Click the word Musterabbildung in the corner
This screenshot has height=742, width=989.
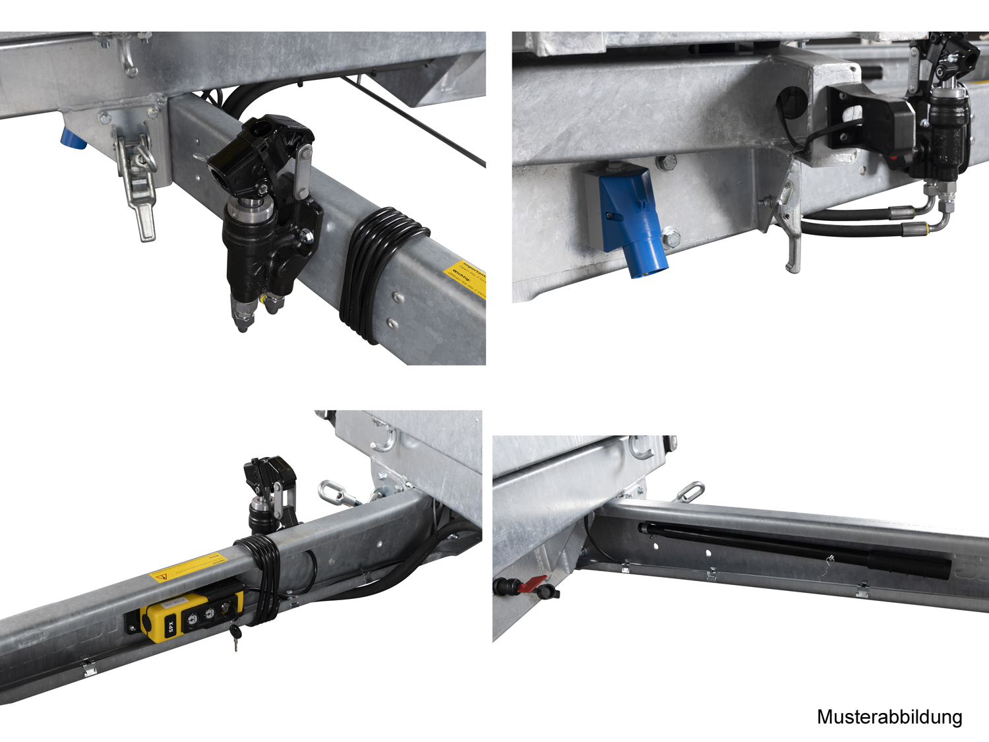coord(889,717)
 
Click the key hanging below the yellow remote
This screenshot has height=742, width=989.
coord(235,636)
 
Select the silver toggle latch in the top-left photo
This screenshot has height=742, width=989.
coord(137,185)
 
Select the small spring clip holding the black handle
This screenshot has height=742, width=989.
coord(827,566)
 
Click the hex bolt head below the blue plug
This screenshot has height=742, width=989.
coord(671,237)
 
